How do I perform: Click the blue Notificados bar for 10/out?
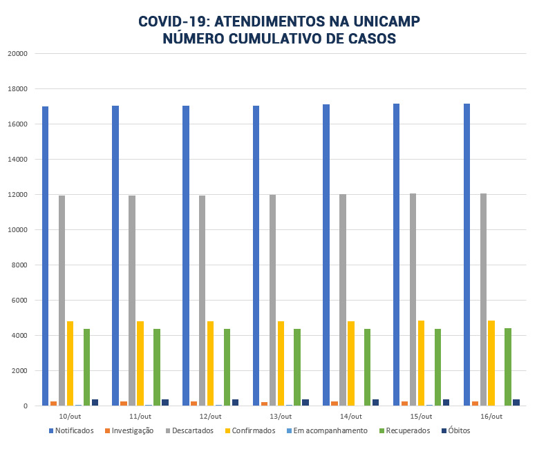45,256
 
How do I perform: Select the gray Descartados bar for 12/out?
202,301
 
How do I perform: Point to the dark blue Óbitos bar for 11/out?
165,402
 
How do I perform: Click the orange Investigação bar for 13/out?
265,403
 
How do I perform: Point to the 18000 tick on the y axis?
17,89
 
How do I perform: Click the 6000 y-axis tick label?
19,301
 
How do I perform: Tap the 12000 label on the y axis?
17,195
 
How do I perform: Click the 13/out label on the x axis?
281,417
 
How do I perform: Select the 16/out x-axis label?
491,417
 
